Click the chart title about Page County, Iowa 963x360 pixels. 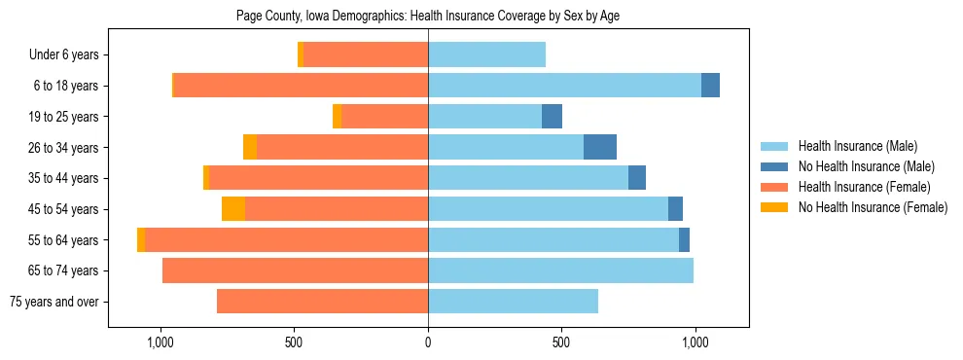click(x=428, y=17)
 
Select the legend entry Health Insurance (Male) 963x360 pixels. click(x=856, y=146)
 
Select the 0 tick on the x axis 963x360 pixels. click(x=428, y=343)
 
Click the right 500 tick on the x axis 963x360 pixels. click(x=561, y=343)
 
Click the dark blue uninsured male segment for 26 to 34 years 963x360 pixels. click(x=600, y=147)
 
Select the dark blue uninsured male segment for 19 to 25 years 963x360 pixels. click(x=552, y=117)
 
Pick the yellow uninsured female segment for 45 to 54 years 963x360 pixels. click(x=233, y=209)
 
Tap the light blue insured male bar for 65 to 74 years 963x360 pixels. click(x=560, y=270)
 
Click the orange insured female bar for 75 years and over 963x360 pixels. click(x=322, y=302)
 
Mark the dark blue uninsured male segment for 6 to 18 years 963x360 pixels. click(x=710, y=86)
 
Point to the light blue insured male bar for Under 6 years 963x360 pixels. click(x=486, y=55)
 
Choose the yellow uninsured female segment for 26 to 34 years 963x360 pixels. click(x=250, y=147)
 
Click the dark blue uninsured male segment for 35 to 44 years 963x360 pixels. click(x=637, y=178)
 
